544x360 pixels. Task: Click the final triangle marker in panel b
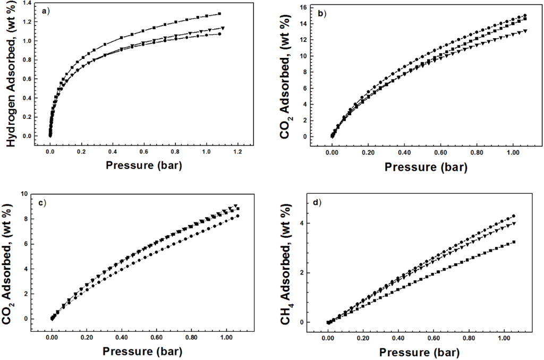(525, 31)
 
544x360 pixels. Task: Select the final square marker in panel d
(514, 242)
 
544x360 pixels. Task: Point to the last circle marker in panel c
(237, 216)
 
